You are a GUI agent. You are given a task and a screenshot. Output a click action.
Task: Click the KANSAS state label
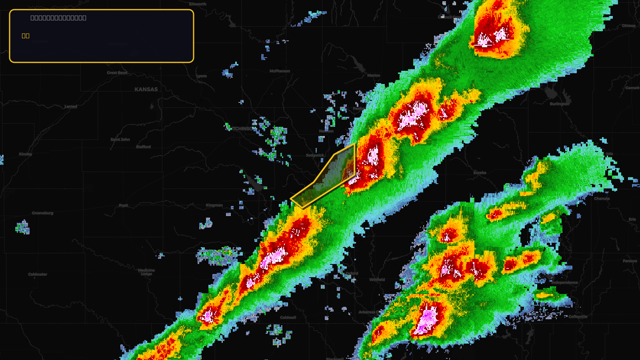click(x=146, y=89)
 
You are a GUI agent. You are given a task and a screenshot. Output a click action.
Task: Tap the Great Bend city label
click(x=117, y=73)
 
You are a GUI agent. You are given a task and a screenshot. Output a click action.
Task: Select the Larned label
click(x=71, y=106)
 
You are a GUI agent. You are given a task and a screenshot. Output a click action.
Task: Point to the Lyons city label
click(x=202, y=76)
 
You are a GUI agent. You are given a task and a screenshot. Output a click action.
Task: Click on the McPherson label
click(x=280, y=71)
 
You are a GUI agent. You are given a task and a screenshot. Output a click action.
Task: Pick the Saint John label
click(x=120, y=140)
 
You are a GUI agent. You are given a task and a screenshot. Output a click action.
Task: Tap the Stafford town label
click(x=143, y=147)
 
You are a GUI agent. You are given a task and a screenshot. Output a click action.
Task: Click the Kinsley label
click(x=26, y=154)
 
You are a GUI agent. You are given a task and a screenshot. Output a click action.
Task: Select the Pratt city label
click(x=124, y=205)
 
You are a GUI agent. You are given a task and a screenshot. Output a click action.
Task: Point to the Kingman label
click(x=214, y=205)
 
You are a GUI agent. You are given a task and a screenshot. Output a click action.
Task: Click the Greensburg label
click(x=42, y=213)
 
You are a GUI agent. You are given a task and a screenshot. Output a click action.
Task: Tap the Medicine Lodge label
click(x=146, y=272)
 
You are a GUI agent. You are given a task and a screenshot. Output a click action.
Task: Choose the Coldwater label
click(x=38, y=274)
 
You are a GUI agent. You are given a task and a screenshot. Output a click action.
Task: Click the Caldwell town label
click(x=288, y=318)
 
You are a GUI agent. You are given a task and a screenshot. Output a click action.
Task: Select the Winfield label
click(x=377, y=280)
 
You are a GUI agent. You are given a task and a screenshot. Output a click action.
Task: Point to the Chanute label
click(x=602, y=198)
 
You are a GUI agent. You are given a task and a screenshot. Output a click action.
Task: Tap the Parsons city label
click(x=630, y=261)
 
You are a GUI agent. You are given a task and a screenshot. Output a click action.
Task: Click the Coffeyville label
click(x=578, y=316)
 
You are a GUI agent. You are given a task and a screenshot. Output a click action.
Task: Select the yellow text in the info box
click(x=26, y=36)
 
